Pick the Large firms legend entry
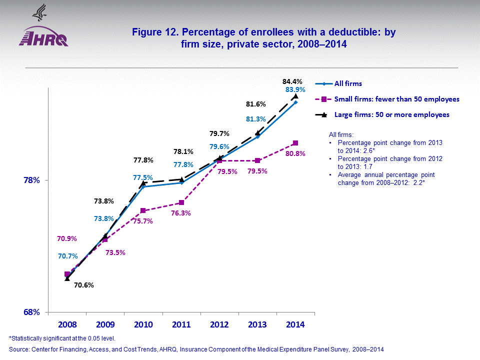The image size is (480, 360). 391,114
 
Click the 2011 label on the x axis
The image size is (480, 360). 181,324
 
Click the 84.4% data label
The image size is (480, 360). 292,81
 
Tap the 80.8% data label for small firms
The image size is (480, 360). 295,153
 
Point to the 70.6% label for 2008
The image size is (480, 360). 83,285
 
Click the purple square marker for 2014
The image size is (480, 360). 295,143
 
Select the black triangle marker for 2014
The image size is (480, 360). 295,95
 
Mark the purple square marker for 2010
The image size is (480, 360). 143,210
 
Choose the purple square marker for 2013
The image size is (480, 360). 257,160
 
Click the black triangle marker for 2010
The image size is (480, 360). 143,182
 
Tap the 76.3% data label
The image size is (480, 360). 181,213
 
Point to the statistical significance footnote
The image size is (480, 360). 62,338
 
